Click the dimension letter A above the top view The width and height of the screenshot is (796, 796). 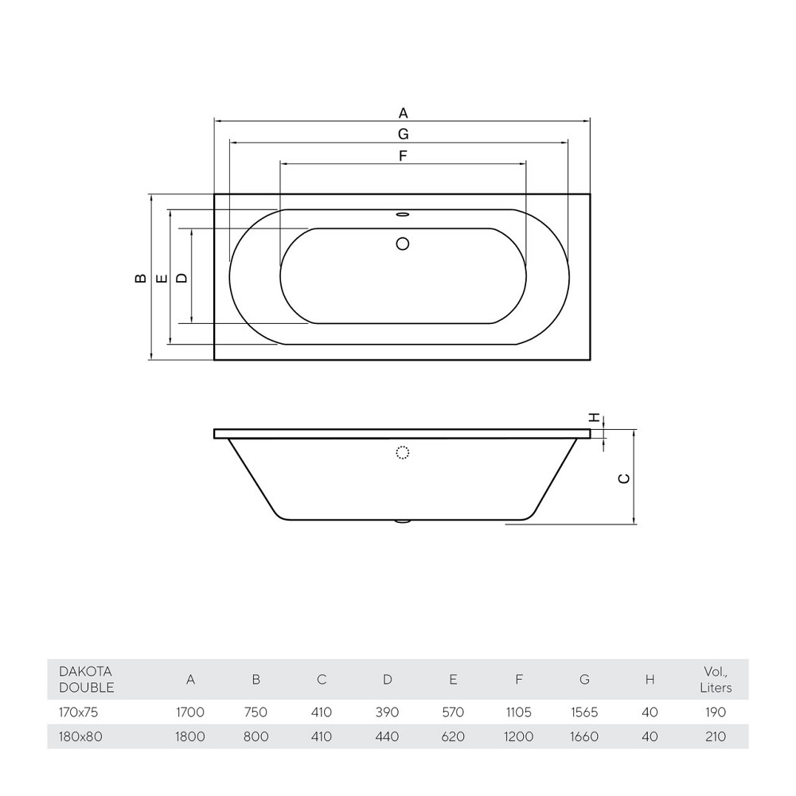click(403, 113)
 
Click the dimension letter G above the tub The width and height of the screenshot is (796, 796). click(403, 134)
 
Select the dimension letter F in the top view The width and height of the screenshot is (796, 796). click(403, 156)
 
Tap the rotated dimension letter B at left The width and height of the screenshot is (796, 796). click(141, 278)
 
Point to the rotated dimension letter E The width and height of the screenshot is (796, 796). click(162, 278)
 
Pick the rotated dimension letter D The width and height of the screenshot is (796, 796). click(181, 278)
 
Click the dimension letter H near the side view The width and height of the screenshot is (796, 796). click(595, 418)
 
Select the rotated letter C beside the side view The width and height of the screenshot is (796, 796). click(624, 478)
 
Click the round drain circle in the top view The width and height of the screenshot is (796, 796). click(403, 244)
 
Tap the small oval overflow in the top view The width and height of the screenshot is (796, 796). click(403, 215)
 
